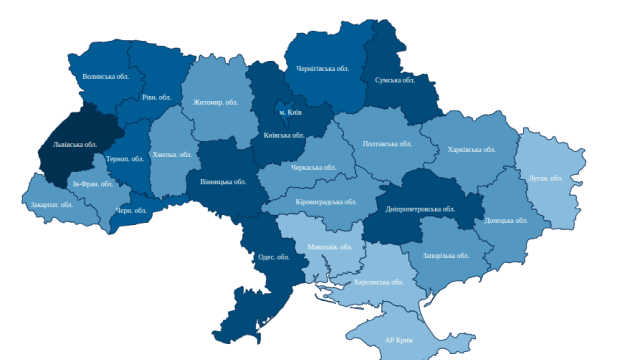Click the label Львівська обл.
click(75, 144)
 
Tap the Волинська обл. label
click(105, 76)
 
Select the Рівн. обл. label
click(156, 97)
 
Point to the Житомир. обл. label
click(215, 102)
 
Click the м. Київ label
click(290, 112)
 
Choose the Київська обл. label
click(284, 135)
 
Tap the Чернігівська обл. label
click(322, 68)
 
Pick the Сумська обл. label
click(395, 80)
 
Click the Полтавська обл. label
click(387, 143)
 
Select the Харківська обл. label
click(471, 149)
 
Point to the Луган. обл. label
click(545, 178)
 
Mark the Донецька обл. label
click(506, 220)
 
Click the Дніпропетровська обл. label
click(420, 209)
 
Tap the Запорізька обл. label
click(445, 255)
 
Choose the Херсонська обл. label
click(378, 282)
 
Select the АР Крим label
click(398, 340)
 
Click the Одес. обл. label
click(273, 257)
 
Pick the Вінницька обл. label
click(223, 181)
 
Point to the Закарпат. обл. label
click(52, 204)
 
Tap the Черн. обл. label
click(131, 210)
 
